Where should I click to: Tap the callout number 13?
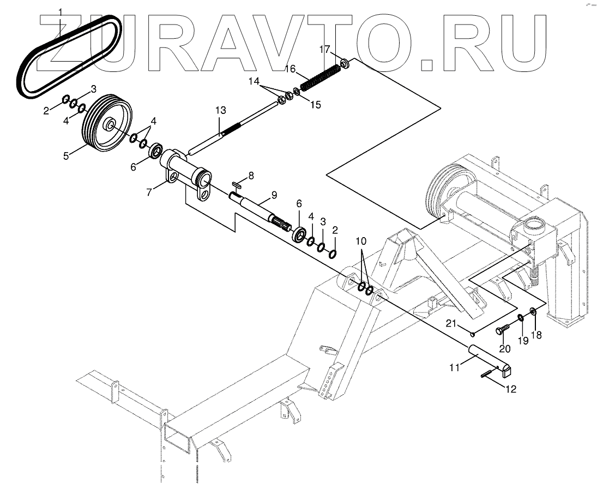point(220,111)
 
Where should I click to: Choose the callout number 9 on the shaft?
point(273,195)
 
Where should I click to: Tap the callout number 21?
point(450,324)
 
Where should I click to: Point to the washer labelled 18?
point(533,312)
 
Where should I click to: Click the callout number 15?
point(315,104)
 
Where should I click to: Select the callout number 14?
point(255,81)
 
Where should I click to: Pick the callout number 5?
point(66,155)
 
